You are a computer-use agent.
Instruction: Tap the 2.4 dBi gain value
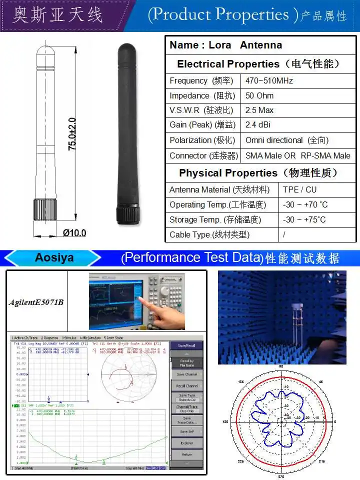click(x=258, y=125)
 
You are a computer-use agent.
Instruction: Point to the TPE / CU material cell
click(x=299, y=189)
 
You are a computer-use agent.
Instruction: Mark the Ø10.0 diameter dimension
click(x=74, y=232)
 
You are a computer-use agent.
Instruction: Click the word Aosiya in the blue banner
click(x=54, y=258)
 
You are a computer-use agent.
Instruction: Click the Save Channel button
click(x=187, y=374)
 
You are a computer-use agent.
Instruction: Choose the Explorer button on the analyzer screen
click(x=186, y=443)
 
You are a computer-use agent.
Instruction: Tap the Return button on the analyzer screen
click(x=186, y=454)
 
